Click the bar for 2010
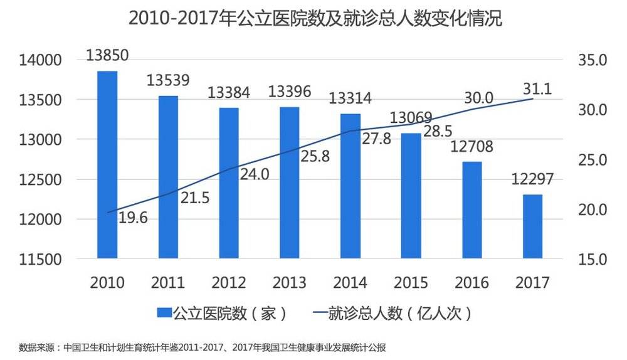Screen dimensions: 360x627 pyautogui.click(x=107, y=164)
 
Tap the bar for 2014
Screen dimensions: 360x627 pyautogui.click(x=350, y=186)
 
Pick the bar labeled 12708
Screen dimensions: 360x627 pyautogui.click(x=472, y=210)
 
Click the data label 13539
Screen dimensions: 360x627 pyautogui.click(x=168, y=81)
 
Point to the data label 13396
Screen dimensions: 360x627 pyautogui.click(x=290, y=92)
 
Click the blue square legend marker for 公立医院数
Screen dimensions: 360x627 pyautogui.click(x=164, y=312)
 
